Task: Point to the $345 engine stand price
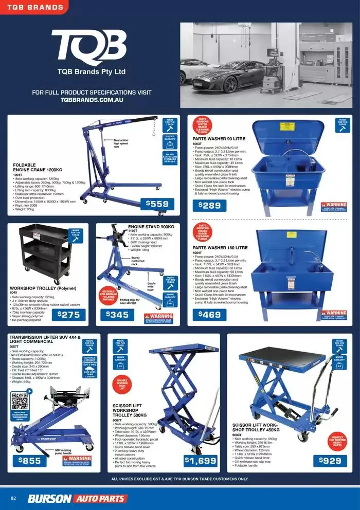click(117, 314)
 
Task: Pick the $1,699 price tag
click(200, 461)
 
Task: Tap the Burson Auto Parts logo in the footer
click(77, 498)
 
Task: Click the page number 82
click(14, 498)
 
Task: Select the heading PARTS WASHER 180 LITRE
click(220, 248)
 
